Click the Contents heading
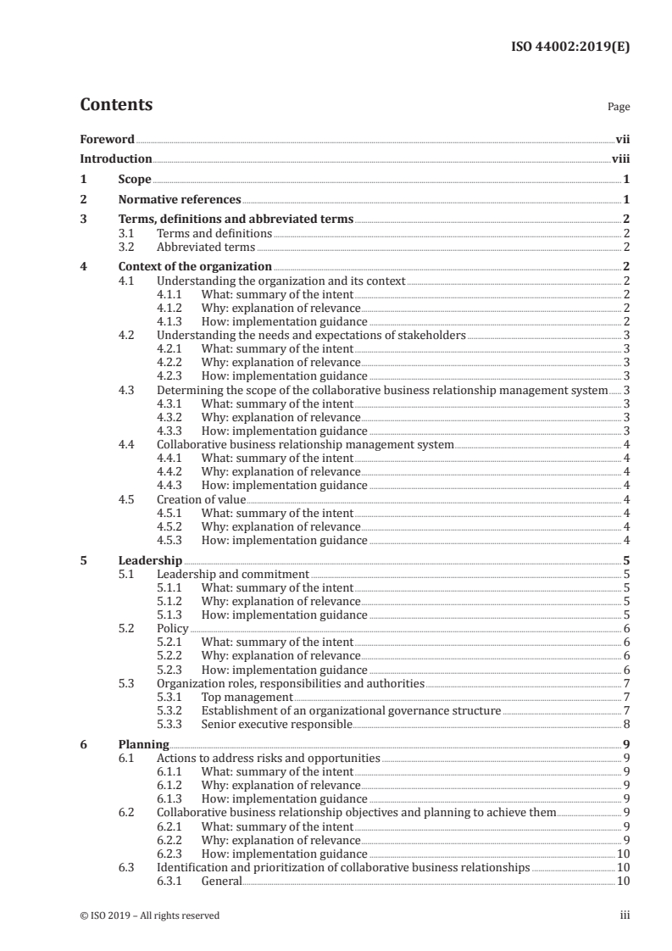pyautogui.click(x=116, y=105)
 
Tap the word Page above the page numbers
pyautogui.click(x=619, y=108)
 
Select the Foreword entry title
pyautogui.click(x=107, y=139)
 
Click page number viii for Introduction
pyautogui.click(x=620, y=158)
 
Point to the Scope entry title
pyautogui.click(x=135, y=180)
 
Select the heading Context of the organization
pyautogui.click(x=189, y=267)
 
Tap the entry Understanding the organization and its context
pyautogui.click(x=281, y=281)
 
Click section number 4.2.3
pyautogui.click(x=172, y=375)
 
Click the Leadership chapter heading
pyautogui.click(x=150, y=560)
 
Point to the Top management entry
pyautogui.click(x=247, y=697)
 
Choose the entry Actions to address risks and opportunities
pyautogui.click(x=269, y=758)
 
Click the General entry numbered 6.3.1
pyautogui.click(x=221, y=881)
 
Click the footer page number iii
pyautogui.click(x=625, y=915)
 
